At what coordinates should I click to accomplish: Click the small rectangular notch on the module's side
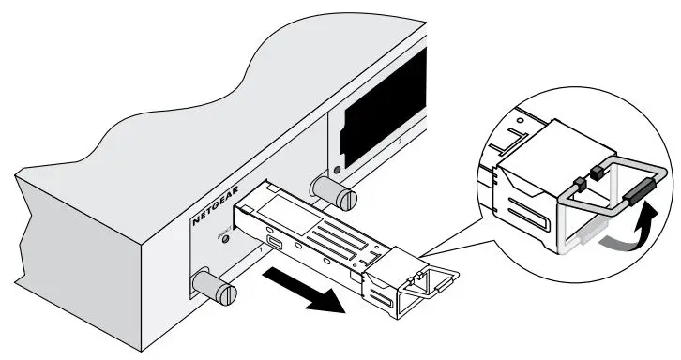(x=272, y=247)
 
